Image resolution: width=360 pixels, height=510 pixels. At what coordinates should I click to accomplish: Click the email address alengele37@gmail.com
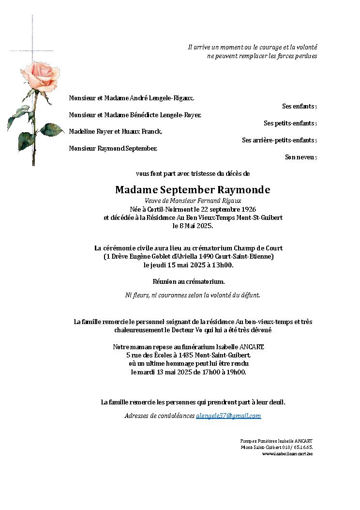click(228, 416)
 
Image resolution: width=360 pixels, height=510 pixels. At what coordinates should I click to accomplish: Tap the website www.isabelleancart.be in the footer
click(287, 454)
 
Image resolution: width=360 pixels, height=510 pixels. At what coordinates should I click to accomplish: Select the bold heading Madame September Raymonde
click(193, 189)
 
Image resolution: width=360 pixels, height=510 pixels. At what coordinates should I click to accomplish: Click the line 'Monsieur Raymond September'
click(113, 148)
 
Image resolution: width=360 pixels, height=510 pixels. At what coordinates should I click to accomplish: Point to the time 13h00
click(224, 265)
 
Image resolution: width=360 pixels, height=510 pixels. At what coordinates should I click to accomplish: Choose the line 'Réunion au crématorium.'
click(189, 281)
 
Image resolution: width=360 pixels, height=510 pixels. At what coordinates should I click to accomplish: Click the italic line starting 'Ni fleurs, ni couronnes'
click(193, 295)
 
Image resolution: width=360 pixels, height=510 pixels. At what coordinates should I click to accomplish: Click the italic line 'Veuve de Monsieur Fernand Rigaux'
click(193, 201)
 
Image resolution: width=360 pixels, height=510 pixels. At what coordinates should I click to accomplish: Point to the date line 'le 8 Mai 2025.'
click(193, 226)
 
